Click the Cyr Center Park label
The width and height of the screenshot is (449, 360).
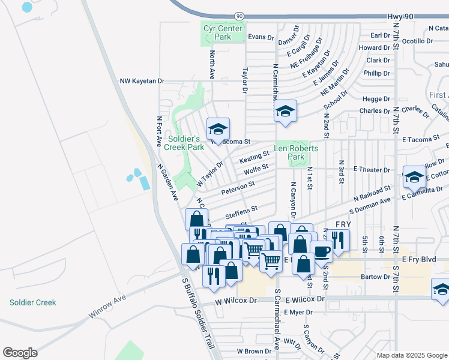(x=223, y=32)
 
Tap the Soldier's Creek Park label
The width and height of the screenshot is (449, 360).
(x=185, y=142)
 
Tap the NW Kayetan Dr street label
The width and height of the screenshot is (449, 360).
(x=142, y=81)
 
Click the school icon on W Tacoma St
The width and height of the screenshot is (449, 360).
(x=218, y=129)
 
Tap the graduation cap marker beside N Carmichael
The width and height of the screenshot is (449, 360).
(x=286, y=111)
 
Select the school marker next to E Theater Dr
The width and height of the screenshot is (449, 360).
(x=414, y=177)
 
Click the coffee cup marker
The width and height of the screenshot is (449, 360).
(x=321, y=251)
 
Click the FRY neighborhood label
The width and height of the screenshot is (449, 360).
(x=343, y=224)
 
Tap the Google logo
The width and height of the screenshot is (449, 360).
(x=20, y=352)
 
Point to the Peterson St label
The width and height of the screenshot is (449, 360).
(x=238, y=189)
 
